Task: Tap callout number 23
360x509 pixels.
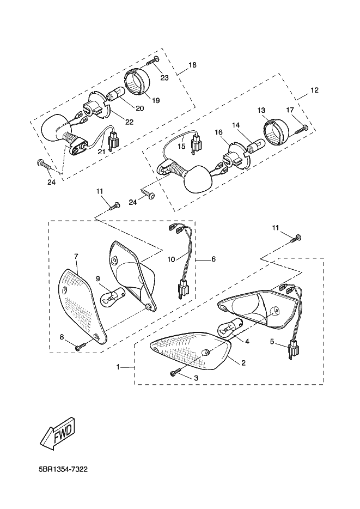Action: [x=164, y=78]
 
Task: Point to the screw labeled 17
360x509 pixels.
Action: [x=301, y=129]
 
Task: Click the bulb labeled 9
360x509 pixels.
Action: [x=110, y=298]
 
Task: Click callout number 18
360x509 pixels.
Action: [x=192, y=65]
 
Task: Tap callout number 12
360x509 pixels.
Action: [x=314, y=90]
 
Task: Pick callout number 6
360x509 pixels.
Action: [x=213, y=259]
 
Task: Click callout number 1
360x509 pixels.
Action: [x=118, y=367]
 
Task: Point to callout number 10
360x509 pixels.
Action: [x=171, y=259]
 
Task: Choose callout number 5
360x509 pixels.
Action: [x=272, y=341]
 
